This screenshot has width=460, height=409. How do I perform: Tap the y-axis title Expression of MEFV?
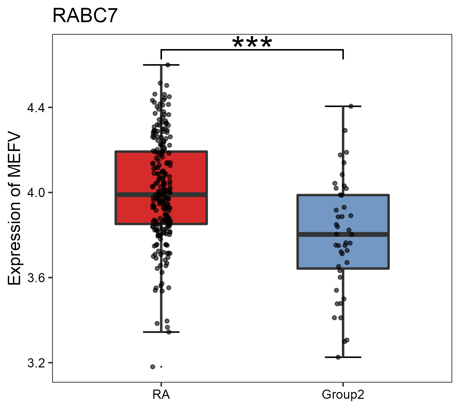click(15, 209)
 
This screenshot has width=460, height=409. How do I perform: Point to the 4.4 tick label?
click(35, 108)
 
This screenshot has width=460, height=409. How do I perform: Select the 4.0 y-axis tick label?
click(35, 193)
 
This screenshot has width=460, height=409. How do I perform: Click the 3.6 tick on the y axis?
click(35, 278)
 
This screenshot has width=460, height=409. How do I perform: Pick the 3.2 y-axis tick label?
click(35, 363)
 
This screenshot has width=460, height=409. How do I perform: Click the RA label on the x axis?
click(161, 395)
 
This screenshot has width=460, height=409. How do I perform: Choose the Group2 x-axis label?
click(343, 395)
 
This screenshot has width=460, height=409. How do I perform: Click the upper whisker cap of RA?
click(161, 65)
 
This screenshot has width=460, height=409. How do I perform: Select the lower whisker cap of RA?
click(161, 332)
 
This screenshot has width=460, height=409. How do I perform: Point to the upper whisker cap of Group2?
click(343, 106)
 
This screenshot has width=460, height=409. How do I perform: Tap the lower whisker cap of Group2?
click(343, 357)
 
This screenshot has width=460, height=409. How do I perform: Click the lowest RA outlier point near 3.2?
click(153, 367)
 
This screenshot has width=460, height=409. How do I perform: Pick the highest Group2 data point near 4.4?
click(351, 106)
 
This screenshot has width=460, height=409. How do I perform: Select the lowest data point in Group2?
click(338, 357)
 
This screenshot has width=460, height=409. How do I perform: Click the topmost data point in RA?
click(168, 65)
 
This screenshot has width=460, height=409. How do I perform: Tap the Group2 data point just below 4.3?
click(345, 131)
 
